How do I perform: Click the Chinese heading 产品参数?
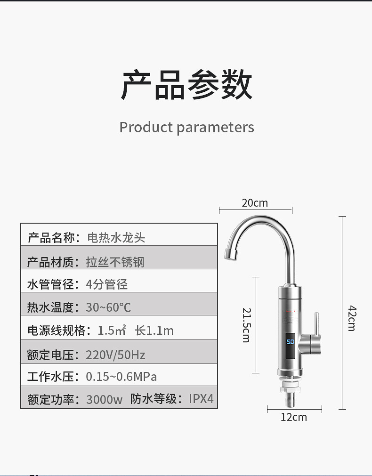(x=186, y=85)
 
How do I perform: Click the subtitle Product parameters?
(x=186, y=127)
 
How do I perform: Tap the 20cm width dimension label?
(x=255, y=203)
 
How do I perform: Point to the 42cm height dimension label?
(x=352, y=318)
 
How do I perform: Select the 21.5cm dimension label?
(x=246, y=325)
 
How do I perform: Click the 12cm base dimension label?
(x=294, y=417)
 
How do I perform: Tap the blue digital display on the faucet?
(x=290, y=342)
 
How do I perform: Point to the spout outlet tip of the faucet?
(x=229, y=254)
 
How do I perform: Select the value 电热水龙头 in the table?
(x=116, y=238)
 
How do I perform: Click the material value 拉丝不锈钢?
(x=115, y=262)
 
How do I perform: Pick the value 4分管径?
(x=107, y=284)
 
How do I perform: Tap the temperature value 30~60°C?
(x=108, y=308)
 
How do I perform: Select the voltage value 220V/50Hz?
(x=115, y=355)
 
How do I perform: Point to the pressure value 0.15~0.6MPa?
(x=121, y=377)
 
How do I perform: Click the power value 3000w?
(x=104, y=400)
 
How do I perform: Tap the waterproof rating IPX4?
(x=201, y=399)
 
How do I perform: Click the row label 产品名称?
(x=51, y=238)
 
